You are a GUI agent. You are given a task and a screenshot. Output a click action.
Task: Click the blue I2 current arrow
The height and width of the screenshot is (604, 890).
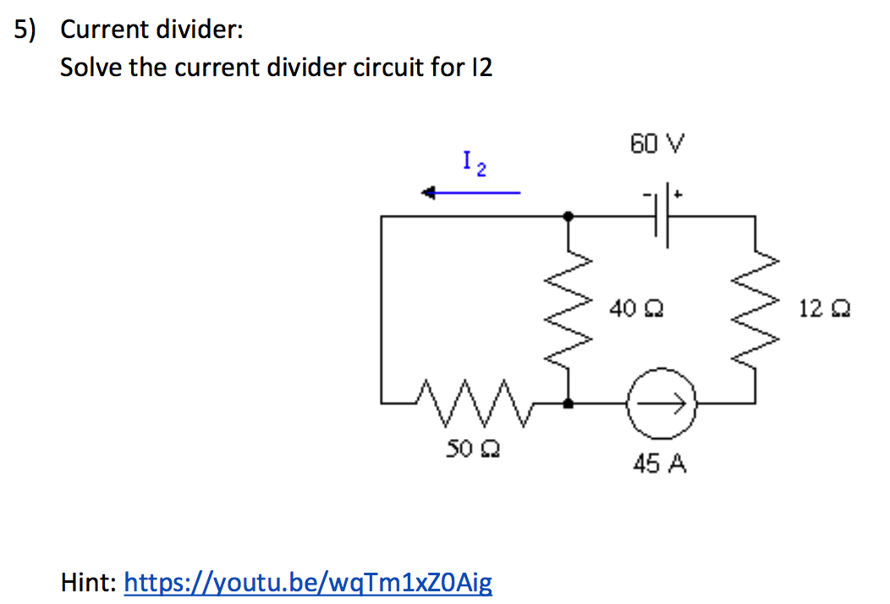(x=471, y=193)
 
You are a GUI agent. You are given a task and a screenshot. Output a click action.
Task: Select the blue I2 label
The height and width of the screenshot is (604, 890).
(x=473, y=162)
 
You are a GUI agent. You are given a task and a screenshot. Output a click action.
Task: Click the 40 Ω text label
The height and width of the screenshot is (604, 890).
(x=635, y=309)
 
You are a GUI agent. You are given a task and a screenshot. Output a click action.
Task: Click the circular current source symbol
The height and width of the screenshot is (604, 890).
(x=661, y=404)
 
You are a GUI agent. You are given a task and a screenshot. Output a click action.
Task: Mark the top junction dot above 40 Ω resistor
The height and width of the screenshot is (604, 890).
(x=569, y=216)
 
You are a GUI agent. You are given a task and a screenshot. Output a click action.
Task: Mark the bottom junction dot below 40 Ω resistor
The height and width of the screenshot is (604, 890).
(x=569, y=404)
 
